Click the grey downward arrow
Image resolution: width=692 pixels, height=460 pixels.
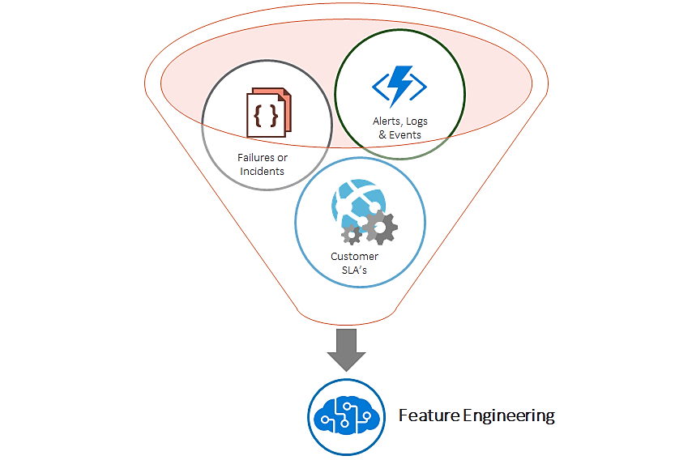pos(346,347)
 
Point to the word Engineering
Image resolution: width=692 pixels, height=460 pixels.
pos(509,416)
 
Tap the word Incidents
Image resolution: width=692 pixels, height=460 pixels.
pos(263,171)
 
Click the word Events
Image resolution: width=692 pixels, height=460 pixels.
pos(406,134)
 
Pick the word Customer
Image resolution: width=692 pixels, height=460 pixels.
pos(354,257)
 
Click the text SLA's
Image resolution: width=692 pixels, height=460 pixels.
pos(354,270)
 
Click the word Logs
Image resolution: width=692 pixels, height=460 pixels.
pos(416,121)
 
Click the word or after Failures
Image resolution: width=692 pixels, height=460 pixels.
pos(282,157)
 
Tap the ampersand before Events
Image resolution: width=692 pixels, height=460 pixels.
pos(383,134)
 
